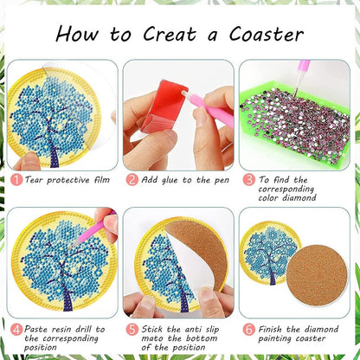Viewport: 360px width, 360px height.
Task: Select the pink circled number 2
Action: [132, 180]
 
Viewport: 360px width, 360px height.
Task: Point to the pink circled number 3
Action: [248, 180]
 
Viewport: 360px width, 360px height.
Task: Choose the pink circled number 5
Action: [132, 329]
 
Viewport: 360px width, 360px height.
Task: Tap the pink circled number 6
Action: [248, 329]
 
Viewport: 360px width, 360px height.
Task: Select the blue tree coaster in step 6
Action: [269, 252]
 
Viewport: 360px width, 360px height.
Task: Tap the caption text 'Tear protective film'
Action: [67, 180]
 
